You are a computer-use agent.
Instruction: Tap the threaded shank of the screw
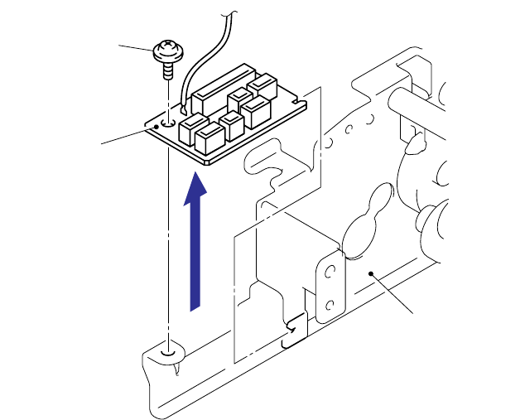point(168,70)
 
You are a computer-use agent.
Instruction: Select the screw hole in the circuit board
point(169,121)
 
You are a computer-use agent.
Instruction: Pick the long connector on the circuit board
point(219,88)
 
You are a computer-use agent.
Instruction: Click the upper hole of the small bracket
point(330,272)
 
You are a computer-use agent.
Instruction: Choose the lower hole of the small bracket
point(330,305)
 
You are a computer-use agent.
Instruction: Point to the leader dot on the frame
point(373,272)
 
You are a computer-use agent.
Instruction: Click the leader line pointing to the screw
point(136,47)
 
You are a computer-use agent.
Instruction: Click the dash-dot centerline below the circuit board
point(169,249)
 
